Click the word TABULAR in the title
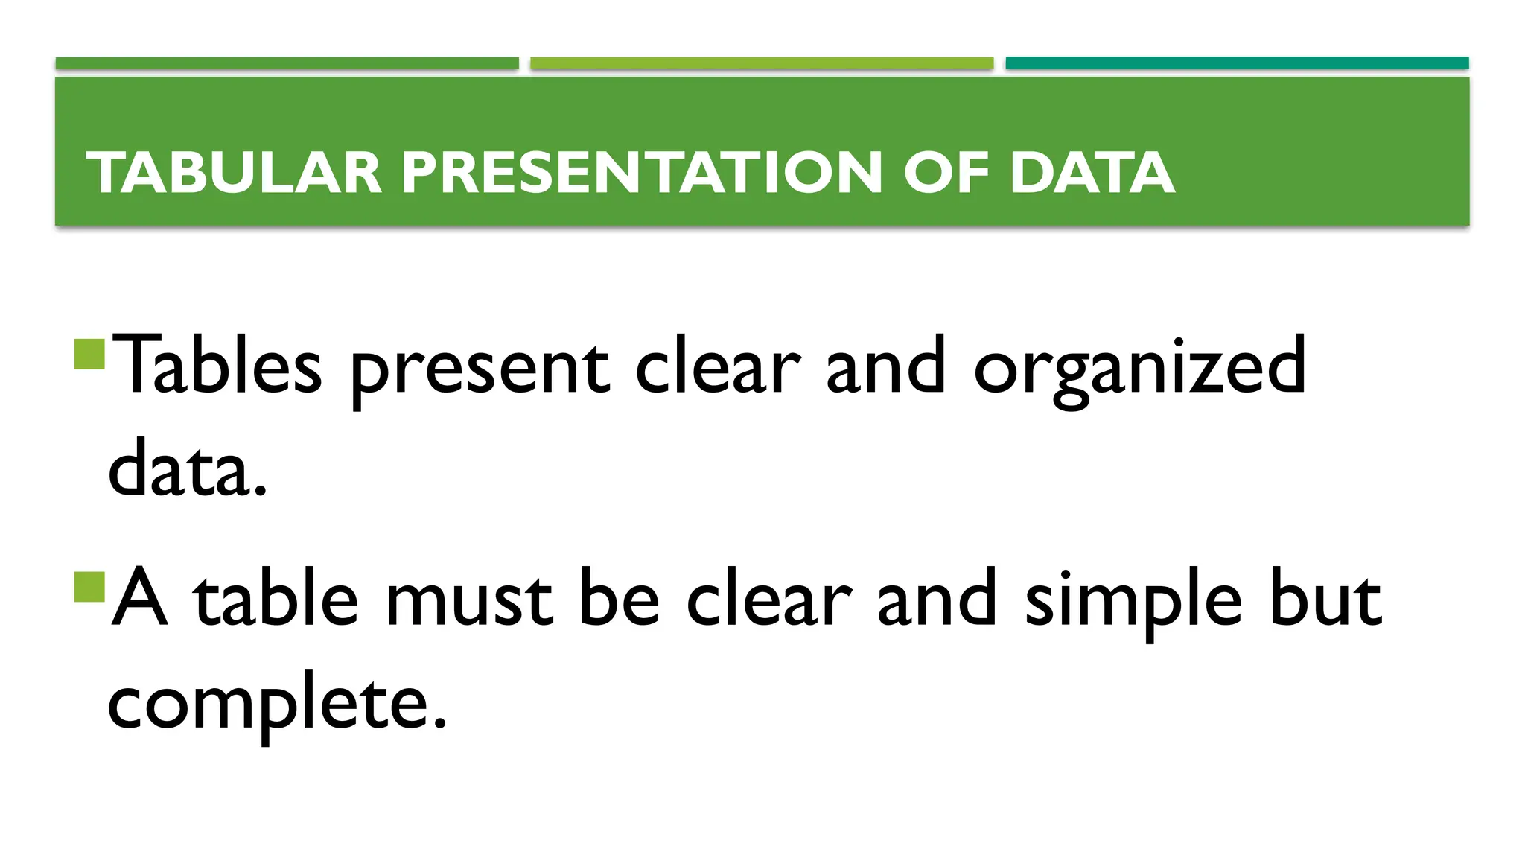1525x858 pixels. tap(234, 173)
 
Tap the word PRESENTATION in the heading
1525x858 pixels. tap(641, 173)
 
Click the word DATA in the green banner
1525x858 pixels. tap(1092, 173)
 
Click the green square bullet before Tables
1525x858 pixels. tap(91, 355)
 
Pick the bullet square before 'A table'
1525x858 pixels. tap(91, 587)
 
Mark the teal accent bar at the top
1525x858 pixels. tap(1237, 63)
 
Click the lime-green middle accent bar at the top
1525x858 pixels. tap(762, 63)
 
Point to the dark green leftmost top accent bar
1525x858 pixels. tap(287, 63)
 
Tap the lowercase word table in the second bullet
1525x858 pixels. tap(276, 600)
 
